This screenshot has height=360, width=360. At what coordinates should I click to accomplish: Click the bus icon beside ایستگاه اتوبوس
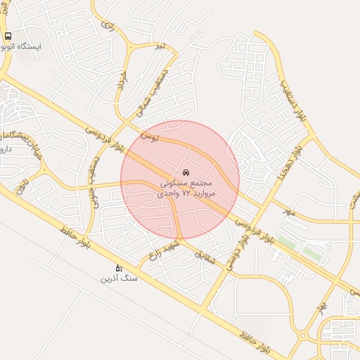pos(8,36)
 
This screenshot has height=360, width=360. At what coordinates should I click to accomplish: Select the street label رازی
pos(107,25)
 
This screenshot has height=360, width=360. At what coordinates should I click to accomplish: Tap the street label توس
pos(149,135)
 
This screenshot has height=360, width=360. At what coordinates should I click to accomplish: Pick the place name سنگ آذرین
pos(120,279)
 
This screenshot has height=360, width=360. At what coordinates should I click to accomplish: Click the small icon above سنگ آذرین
pos(119,268)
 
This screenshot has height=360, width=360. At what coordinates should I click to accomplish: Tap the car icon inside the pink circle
pos(185,172)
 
